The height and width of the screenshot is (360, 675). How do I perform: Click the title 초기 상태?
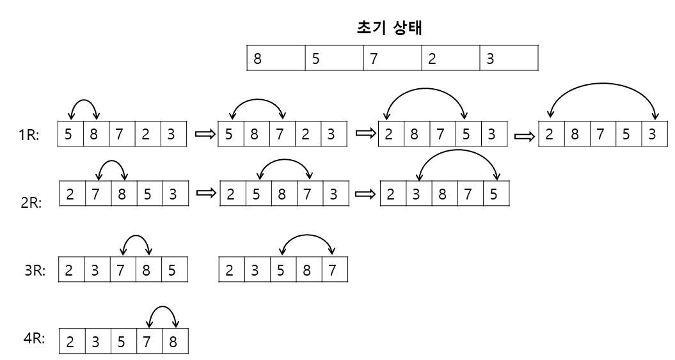pos(391,27)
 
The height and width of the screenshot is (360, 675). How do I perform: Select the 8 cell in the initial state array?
pos(276,58)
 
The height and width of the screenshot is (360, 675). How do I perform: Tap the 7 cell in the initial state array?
pos(392,58)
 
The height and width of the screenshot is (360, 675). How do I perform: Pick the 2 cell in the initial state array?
pos(450,58)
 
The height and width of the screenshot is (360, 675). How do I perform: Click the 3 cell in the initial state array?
pos(508,58)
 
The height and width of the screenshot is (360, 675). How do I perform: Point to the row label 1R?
pos(29,135)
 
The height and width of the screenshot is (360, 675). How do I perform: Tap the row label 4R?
pos(33,338)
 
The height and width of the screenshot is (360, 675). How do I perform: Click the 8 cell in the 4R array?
pos(175,341)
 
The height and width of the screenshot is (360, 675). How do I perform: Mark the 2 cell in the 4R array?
pos(71,341)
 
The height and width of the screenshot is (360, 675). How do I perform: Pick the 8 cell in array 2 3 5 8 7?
pos(308,270)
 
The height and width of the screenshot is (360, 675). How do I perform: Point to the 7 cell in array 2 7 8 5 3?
pos(97,194)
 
